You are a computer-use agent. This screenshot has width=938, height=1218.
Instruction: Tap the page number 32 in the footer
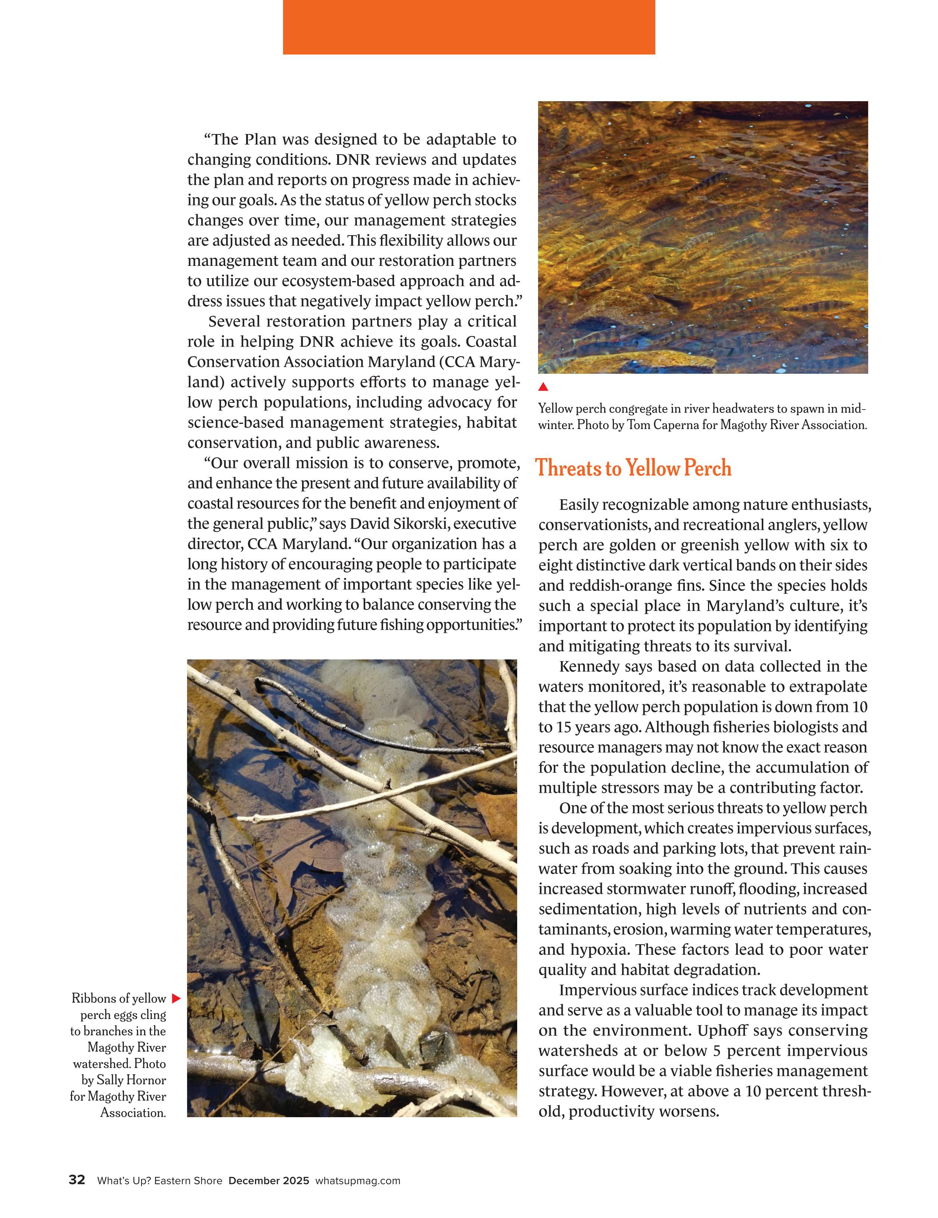tap(77, 1180)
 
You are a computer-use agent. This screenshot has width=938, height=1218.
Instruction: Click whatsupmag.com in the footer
tap(357, 1181)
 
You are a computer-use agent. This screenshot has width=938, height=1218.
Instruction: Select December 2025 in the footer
tap(269, 1181)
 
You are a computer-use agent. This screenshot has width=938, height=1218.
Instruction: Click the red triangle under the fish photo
tap(543, 386)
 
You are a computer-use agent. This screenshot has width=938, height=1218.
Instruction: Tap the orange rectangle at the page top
tap(469, 27)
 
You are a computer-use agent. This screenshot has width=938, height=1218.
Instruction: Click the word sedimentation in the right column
tap(588, 909)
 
